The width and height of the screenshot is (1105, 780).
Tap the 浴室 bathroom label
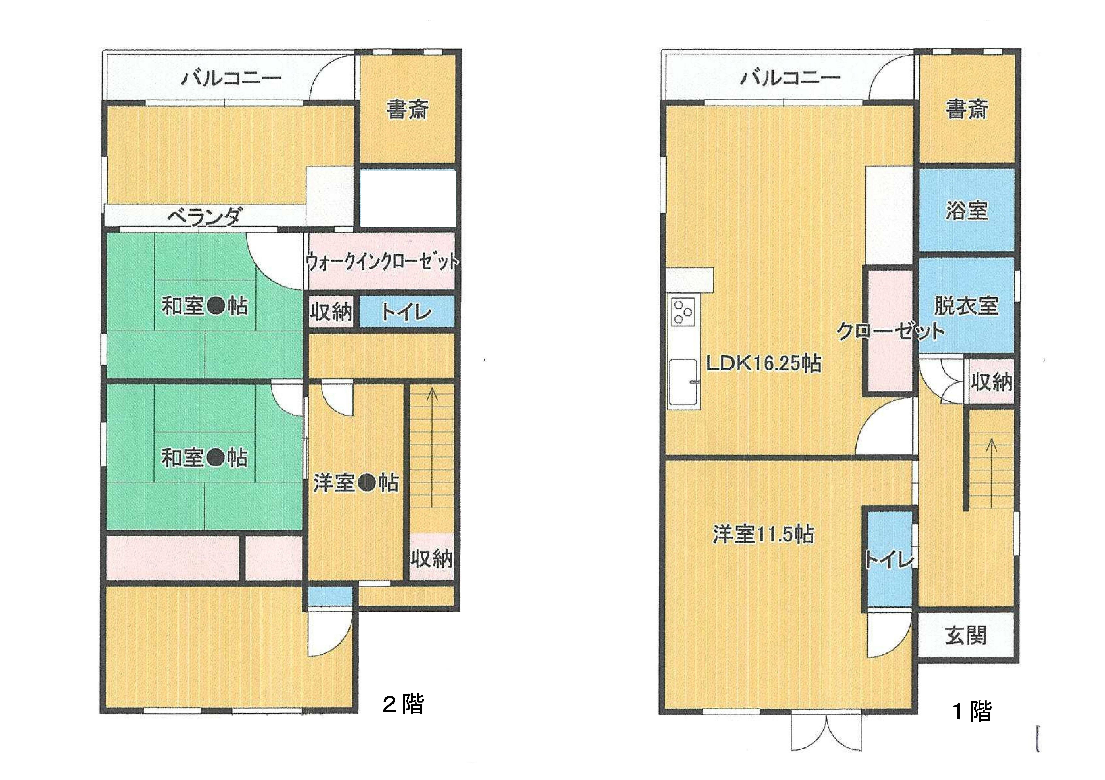[966, 210]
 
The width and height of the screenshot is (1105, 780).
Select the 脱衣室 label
[966, 306]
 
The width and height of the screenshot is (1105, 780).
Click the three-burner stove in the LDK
[683, 312]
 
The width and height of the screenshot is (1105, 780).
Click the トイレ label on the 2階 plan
[407, 313]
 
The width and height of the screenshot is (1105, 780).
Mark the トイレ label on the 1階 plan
[889, 560]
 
